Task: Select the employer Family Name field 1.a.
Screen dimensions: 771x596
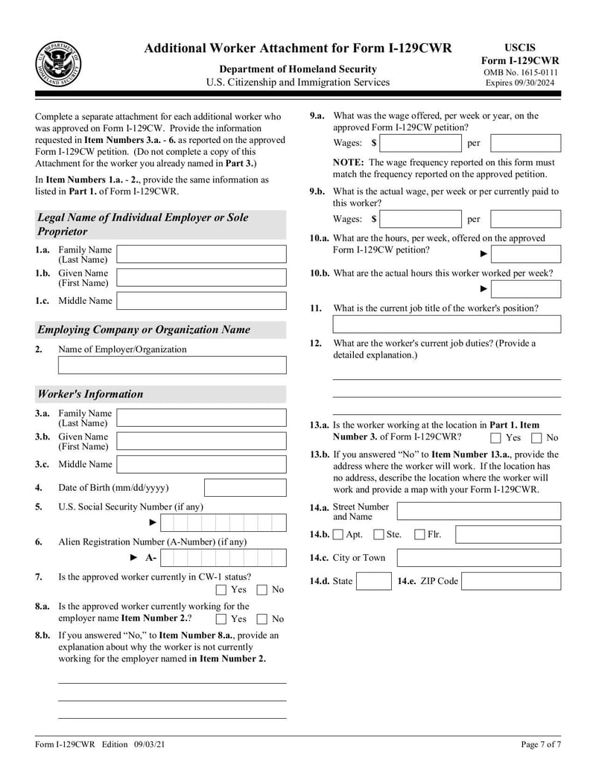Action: (x=201, y=254)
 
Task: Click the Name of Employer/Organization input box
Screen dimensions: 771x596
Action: (x=172, y=365)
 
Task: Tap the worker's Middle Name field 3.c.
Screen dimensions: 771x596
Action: (x=201, y=464)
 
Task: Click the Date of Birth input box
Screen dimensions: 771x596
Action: (x=244, y=488)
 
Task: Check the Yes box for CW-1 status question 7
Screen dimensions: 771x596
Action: (x=221, y=590)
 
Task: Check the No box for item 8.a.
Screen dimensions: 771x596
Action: (x=262, y=618)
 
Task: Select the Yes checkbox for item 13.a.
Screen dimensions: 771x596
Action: (x=495, y=438)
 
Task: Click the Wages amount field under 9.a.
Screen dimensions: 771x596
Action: (x=420, y=142)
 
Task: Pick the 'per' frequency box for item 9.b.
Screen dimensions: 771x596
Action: (x=525, y=219)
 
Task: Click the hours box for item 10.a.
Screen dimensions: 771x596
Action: (x=526, y=254)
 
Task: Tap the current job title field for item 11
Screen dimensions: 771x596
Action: (x=446, y=324)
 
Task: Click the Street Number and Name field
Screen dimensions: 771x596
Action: (x=479, y=510)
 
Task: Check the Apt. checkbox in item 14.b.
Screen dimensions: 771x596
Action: (x=338, y=534)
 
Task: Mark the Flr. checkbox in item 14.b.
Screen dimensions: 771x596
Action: (x=419, y=534)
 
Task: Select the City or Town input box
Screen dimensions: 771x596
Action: (x=479, y=558)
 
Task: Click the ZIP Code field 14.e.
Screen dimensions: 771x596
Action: (x=511, y=581)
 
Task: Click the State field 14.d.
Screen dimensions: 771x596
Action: (x=373, y=581)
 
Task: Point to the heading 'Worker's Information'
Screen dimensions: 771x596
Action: (x=90, y=394)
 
